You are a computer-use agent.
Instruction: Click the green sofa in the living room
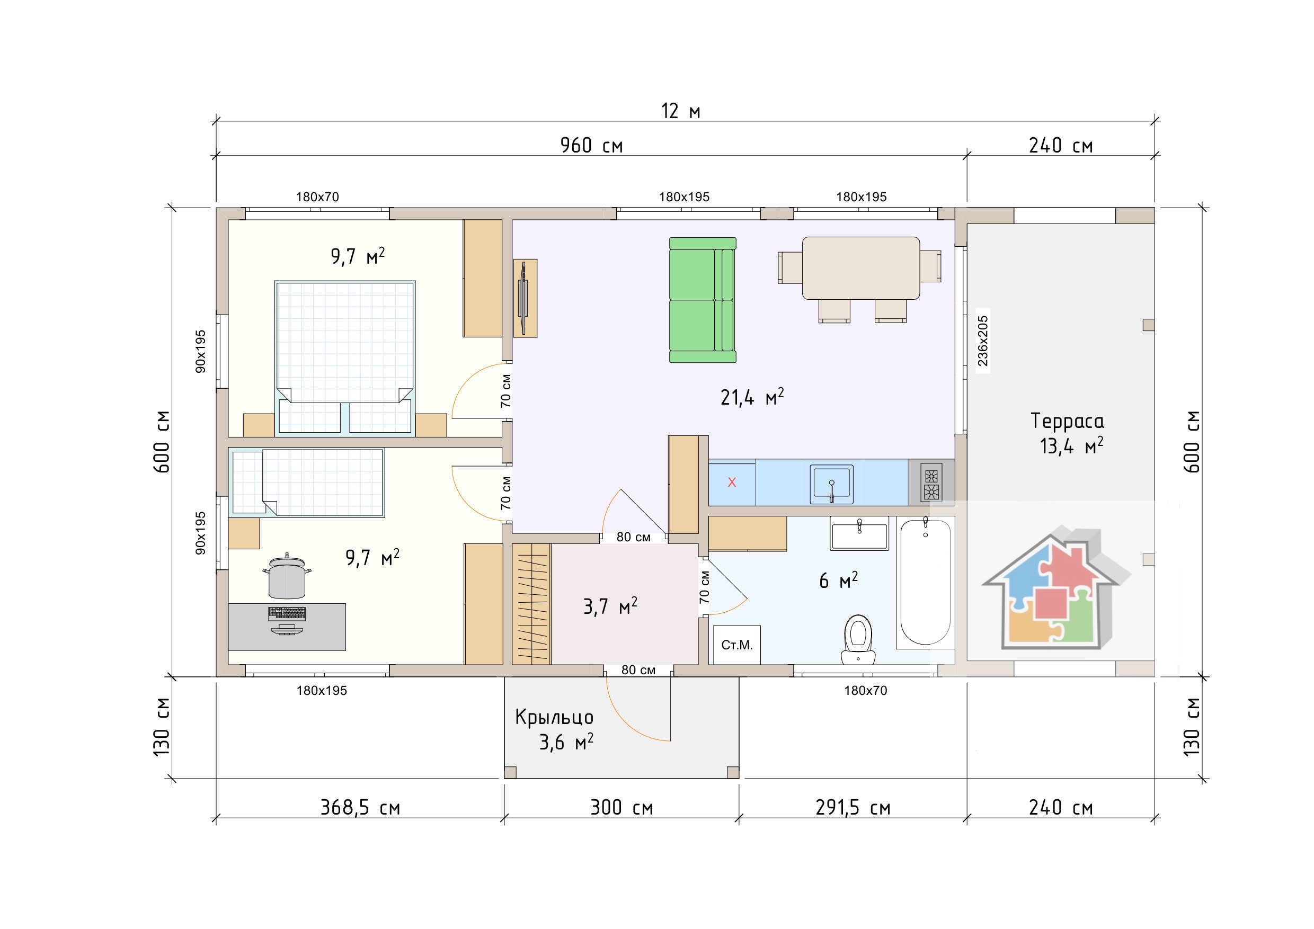(x=703, y=300)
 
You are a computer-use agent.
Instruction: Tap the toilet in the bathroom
(x=858, y=639)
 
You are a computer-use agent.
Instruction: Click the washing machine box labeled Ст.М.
(x=737, y=645)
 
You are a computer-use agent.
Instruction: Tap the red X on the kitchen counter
(x=731, y=482)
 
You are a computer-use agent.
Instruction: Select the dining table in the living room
(x=861, y=269)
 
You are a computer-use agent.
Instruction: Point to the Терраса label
(x=1067, y=421)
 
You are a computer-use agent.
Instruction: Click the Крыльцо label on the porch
(x=554, y=717)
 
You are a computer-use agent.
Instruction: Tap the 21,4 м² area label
(x=752, y=396)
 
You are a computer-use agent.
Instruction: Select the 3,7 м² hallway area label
(x=610, y=606)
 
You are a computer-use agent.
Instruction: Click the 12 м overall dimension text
(x=681, y=111)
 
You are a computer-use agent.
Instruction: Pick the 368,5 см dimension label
(x=360, y=808)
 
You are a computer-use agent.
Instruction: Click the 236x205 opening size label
(x=983, y=341)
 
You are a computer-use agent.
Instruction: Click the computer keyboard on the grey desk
(x=287, y=613)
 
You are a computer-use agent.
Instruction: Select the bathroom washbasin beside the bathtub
(x=859, y=534)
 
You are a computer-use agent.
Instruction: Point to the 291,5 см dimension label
(x=853, y=808)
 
